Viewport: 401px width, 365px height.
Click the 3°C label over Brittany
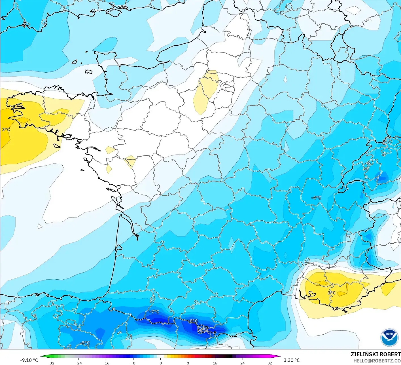(x=6, y=130)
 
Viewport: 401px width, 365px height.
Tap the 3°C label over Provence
(x=332, y=293)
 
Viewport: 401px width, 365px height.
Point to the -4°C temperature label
(x=316, y=198)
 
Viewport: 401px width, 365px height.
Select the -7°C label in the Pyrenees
(x=154, y=311)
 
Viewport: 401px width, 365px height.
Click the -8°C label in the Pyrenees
(x=193, y=321)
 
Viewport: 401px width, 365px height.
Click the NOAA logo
(x=389, y=337)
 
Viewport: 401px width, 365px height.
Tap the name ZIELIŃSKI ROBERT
(x=375, y=354)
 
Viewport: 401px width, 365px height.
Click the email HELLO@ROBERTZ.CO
(x=377, y=361)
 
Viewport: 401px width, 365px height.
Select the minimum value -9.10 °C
(x=29, y=360)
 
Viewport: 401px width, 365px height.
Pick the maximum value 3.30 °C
(x=292, y=360)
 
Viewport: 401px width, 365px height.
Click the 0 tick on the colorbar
(x=161, y=363)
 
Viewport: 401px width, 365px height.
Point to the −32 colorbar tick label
(x=51, y=363)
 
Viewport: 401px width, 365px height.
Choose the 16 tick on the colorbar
(x=215, y=363)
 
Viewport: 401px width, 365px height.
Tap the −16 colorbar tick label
(x=106, y=363)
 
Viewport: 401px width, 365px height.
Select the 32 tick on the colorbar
(x=270, y=363)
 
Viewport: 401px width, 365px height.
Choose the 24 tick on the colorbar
(x=243, y=363)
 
